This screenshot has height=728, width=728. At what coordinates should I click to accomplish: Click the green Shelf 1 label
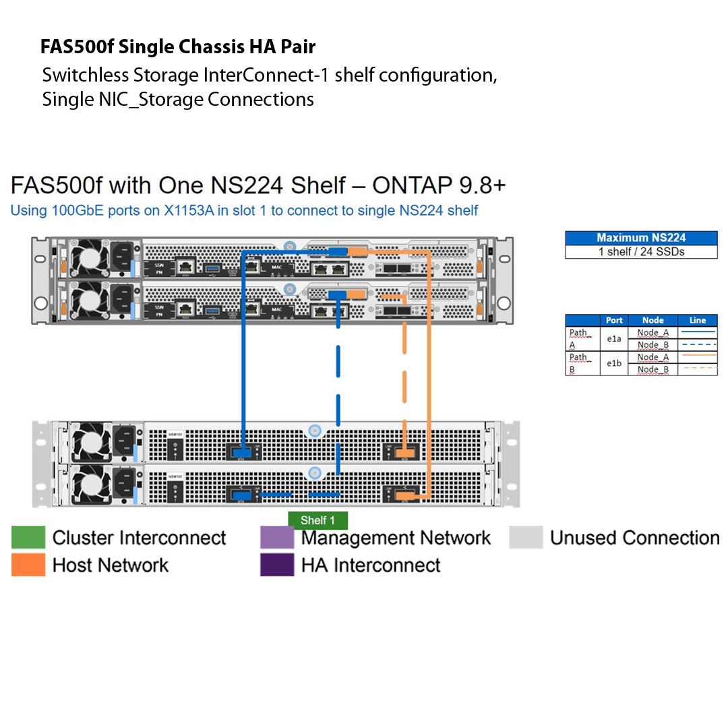click(x=317, y=520)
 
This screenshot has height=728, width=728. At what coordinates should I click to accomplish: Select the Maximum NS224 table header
click(x=641, y=238)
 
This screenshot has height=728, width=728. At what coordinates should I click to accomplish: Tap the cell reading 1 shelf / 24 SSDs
click(x=641, y=252)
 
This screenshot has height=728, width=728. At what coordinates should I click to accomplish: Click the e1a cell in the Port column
click(x=614, y=339)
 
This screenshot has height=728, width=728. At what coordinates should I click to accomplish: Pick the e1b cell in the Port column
click(x=614, y=363)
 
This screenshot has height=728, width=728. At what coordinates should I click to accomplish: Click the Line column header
click(x=698, y=320)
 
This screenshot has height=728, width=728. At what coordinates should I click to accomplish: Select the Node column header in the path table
click(x=653, y=320)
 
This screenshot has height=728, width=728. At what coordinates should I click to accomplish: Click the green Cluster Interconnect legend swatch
click(x=28, y=538)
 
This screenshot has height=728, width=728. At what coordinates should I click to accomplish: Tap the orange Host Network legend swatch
click(x=28, y=565)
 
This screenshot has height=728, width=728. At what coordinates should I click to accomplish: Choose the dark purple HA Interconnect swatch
click(x=277, y=565)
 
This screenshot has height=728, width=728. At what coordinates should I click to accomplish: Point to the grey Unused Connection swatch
click(x=526, y=538)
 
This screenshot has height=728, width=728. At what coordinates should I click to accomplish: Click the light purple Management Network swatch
click(x=277, y=538)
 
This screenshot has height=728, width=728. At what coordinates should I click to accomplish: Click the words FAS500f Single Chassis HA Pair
click(x=178, y=47)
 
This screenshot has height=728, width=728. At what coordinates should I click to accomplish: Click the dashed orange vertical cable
click(x=405, y=377)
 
